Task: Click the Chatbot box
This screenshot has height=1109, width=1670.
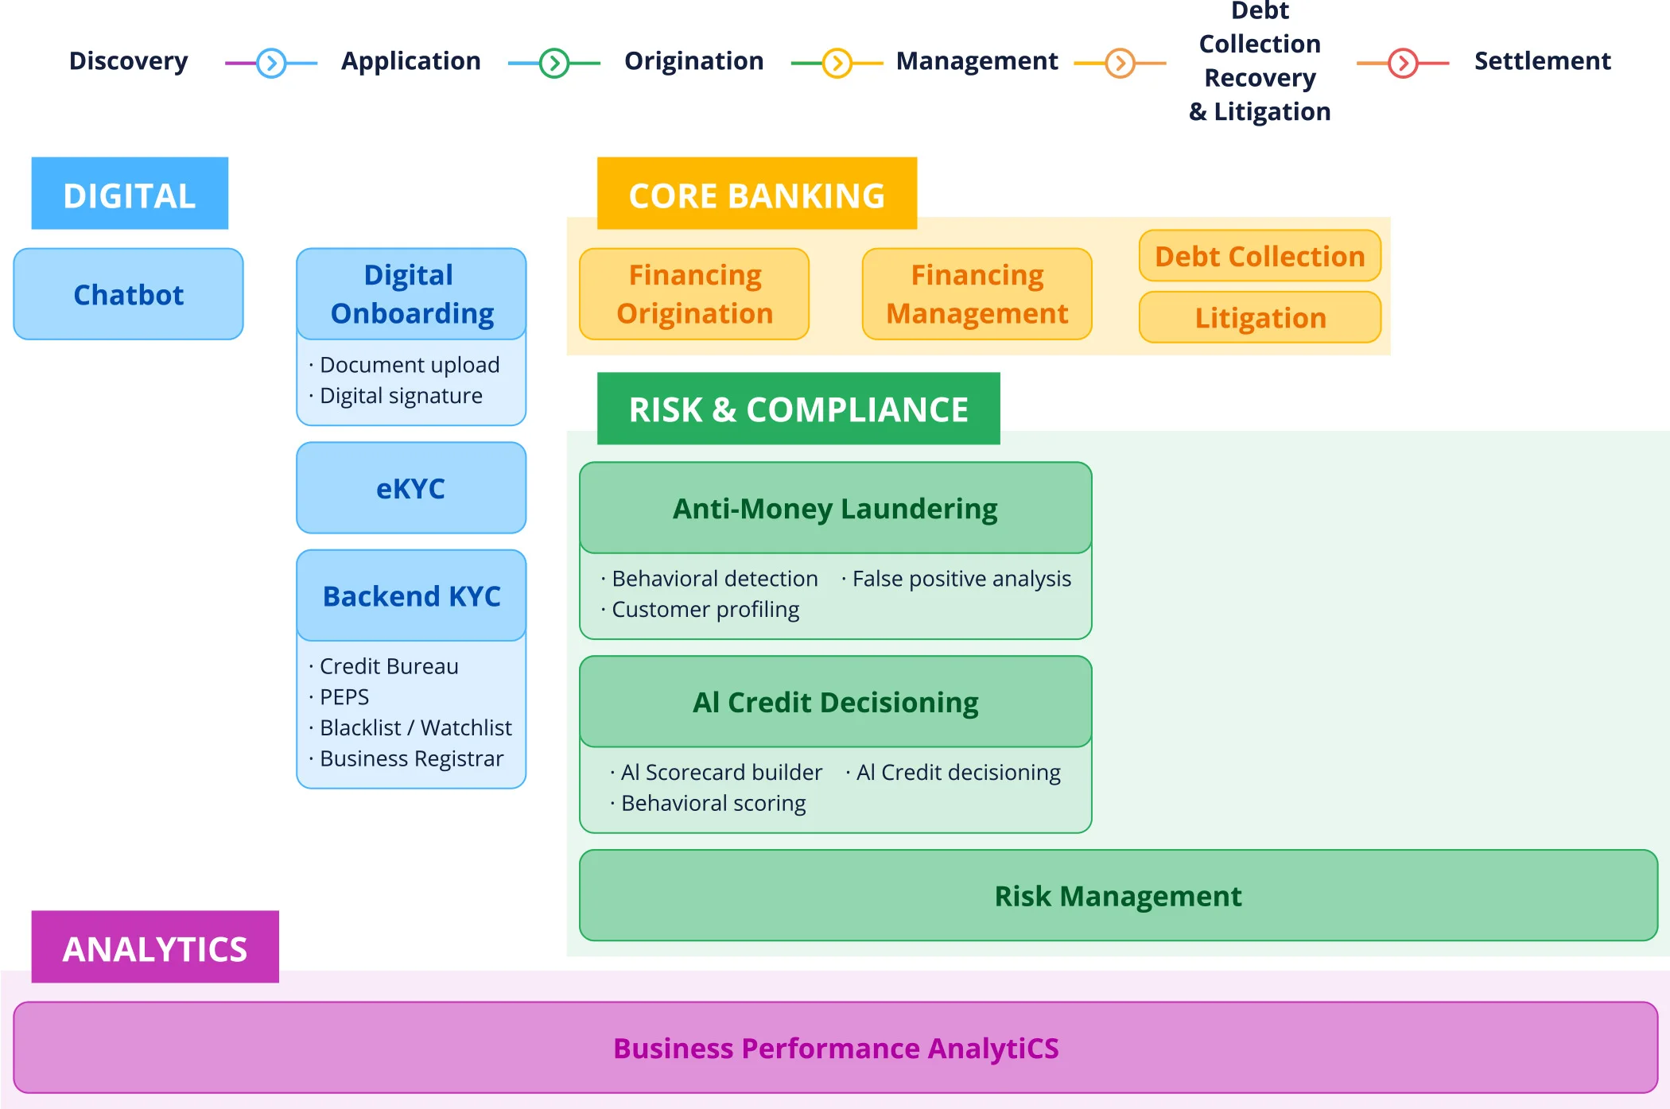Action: pos(128,294)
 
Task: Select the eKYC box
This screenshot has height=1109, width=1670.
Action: pos(410,488)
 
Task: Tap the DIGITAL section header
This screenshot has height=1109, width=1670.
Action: pos(130,194)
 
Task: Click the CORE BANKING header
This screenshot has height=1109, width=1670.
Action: pos(756,194)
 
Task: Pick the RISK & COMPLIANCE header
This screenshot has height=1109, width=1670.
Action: pos(798,409)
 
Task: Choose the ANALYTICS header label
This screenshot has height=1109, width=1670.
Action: pos(155,948)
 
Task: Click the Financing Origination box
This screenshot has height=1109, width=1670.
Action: pos(694,294)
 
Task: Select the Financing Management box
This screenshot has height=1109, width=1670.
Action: pos(977,294)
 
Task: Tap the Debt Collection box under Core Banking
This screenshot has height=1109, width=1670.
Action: pos(1260,256)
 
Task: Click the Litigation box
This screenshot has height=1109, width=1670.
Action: pos(1260,317)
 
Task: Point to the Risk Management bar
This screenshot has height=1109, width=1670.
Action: pos(1117,896)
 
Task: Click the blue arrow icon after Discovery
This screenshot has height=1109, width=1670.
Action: pos(271,62)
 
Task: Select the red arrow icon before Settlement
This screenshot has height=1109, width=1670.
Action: pos(1403,62)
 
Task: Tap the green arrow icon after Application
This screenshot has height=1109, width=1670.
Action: pos(554,62)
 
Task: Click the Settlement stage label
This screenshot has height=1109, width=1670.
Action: pos(1542,61)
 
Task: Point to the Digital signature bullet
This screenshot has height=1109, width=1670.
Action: pos(401,396)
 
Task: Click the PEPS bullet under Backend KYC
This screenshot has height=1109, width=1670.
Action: pos(344,697)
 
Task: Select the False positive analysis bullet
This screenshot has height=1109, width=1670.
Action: pos(961,579)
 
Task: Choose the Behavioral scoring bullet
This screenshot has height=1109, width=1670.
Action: pos(713,804)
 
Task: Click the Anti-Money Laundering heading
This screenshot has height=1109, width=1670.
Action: pos(835,509)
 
